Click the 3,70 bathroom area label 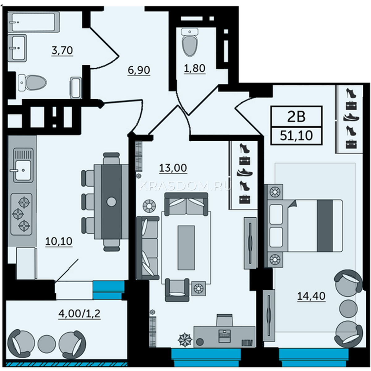click(62, 50)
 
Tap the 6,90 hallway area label click(139, 70)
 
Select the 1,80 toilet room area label click(195, 68)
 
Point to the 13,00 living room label click(173, 168)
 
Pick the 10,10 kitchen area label click(59, 241)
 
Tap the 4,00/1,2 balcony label click(79, 314)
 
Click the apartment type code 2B click(296, 117)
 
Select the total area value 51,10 click(296, 135)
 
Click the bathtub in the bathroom click(34, 22)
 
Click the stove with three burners click(21, 214)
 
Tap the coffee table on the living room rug click(186, 248)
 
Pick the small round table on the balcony click(47, 344)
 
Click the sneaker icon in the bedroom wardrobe click(351, 117)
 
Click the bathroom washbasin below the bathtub click(17, 48)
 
